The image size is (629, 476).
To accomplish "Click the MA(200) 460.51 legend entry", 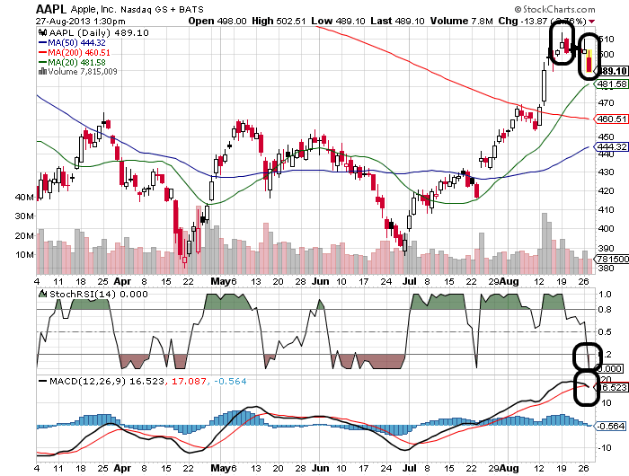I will pos(76,52).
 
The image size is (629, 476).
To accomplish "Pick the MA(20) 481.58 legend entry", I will pos(74,62).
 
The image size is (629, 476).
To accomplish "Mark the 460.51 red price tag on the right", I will pos(610,119).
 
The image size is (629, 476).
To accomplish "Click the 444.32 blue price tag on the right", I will pos(610,146).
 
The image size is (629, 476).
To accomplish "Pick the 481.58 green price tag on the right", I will pos(610,84).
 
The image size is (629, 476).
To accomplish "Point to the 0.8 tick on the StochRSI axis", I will pos(603,310).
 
